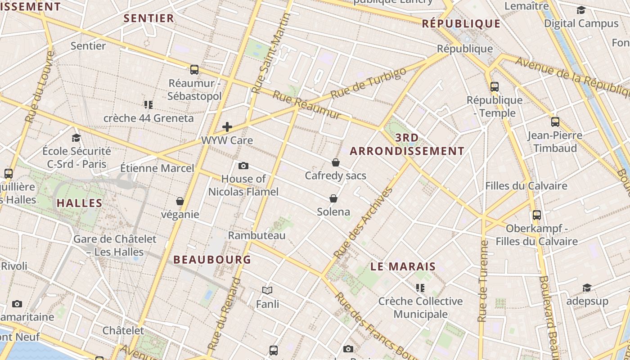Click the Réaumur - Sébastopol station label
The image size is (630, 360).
(x=195, y=90)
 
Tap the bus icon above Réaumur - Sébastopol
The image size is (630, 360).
(x=194, y=69)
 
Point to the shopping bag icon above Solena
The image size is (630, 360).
(x=333, y=198)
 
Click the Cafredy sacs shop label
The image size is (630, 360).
(x=336, y=175)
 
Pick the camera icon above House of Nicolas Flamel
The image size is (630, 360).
(x=243, y=166)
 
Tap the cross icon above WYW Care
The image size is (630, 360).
(x=227, y=127)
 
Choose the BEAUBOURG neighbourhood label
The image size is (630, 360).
(x=212, y=260)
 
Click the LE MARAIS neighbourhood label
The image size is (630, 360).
(x=403, y=266)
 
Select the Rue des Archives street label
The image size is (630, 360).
(x=364, y=223)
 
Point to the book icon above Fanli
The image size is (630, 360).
(x=267, y=291)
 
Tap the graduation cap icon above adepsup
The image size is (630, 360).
(x=587, y=288)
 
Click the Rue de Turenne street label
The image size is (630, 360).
(x=483, y=281)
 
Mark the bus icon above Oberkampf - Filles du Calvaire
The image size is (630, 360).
(x=536, y=215)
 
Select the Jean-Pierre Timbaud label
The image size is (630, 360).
(x=555, y=142)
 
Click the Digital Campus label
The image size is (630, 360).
(x=581, y=23)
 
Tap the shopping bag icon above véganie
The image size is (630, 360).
(x=180, y=201)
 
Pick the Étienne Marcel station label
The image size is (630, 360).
(x=157, y=168)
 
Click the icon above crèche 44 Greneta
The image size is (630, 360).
(x=148, y=105)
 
